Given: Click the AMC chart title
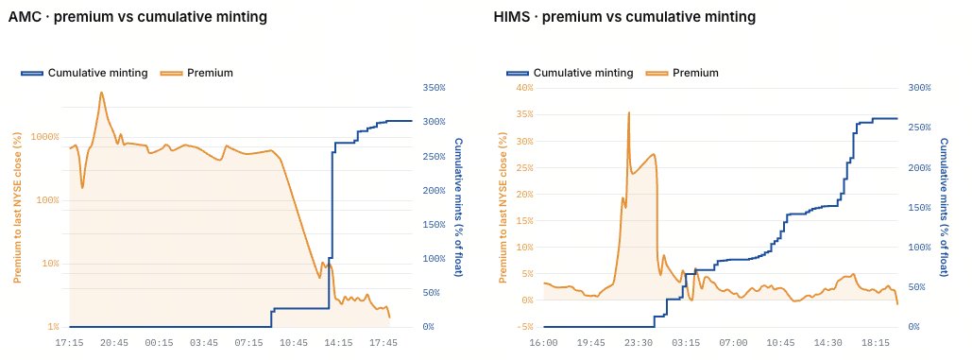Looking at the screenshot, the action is pos(138,17).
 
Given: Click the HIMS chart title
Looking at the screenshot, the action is pos(625,17).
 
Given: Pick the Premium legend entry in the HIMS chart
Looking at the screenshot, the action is pos(683,73).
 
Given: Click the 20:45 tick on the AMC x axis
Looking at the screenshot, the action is pos(114,341).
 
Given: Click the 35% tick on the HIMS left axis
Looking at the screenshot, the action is pos(524,114).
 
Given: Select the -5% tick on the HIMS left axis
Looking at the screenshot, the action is pos(524,327).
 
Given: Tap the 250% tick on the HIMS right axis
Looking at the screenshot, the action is pos(919,127).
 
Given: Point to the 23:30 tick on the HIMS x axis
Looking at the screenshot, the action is pos(639,341).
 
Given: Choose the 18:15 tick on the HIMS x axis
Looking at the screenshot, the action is pos(876,341).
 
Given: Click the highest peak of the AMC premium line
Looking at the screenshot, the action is pos(101,93).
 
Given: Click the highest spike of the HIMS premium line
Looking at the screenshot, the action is pos(628,112).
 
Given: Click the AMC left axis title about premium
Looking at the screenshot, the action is pos(18,208).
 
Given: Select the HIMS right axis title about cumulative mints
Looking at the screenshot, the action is pos(944,207).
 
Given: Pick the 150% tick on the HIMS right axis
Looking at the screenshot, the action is pos(919,207).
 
